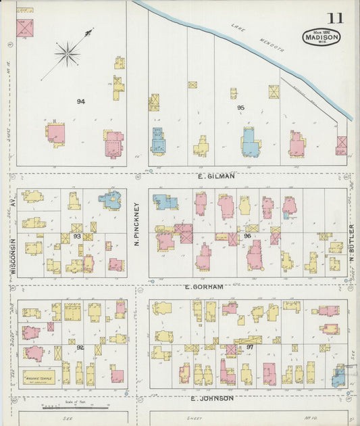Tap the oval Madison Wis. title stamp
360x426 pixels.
(x=322, y=37)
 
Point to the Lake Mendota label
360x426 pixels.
(x=257, y=39)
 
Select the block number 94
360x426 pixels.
(x=81, y=101)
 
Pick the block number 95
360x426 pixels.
(x=241, y=108)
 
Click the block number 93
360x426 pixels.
(x=77, y=236)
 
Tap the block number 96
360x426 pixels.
(x=248, y=236)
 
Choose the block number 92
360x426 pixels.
(x=80, y=347)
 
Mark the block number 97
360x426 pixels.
(x=249, y=347)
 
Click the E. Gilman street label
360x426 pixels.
(x=216, y=176)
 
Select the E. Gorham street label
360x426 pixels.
(x=204, y=287)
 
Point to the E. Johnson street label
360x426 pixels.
(x=212, y=398)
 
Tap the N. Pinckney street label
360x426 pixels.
(x=136, y=224)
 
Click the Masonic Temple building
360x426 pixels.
(x=39, y=375)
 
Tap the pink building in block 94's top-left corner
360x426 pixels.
(x=25, y=27)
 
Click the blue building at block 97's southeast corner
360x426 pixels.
(x=338, y=376)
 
